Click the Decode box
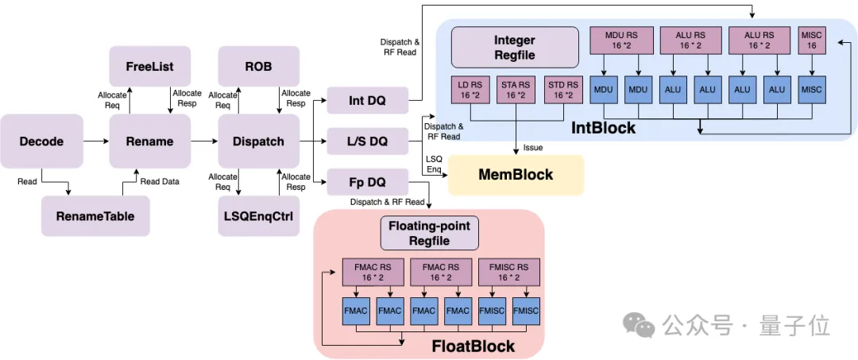[42, 141]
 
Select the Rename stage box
[149, 141]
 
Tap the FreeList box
[149, 67]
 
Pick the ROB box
[258, 67]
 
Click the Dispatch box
[258, 141]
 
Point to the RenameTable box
[95, 215]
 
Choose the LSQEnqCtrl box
[258, 215]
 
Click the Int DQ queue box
[367, 101]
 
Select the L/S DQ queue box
[367, 141]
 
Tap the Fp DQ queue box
[367, 181]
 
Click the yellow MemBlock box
[516, 175]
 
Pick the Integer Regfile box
[515, 47]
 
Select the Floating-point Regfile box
[429, 233]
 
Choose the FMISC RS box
[508, 273]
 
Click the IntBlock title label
[603, 127]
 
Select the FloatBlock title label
[473, 346]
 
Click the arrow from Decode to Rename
[96, 141]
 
